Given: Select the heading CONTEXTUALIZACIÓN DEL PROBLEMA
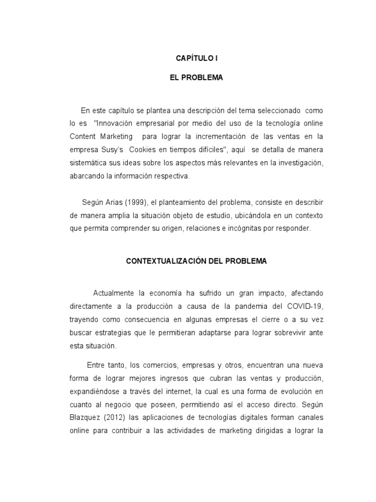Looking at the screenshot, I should point(196,261).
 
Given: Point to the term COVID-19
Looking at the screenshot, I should point(306,306).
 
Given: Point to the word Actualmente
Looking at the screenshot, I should point(113,293).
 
